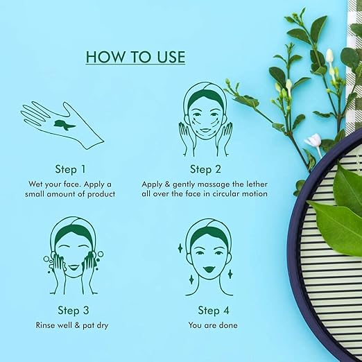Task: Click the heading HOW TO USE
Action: tap(135, 57)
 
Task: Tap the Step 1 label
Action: tap(70, 169)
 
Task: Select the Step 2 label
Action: tap(205, 169)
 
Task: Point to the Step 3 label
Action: tap(74, 311)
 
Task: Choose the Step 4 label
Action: tap(214, 311)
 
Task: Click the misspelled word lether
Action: tap(256, 184)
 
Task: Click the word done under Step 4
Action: tap(228, 325)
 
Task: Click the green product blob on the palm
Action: tap(64, 125)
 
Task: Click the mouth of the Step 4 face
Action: tap(209, 269)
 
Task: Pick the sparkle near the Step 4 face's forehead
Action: tap(180, 248)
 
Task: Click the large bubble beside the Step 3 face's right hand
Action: tap(101, 254)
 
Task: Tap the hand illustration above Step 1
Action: tap(62, 125)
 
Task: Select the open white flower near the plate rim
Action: tap(313, 141)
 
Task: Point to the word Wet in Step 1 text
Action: tap(35, 184)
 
